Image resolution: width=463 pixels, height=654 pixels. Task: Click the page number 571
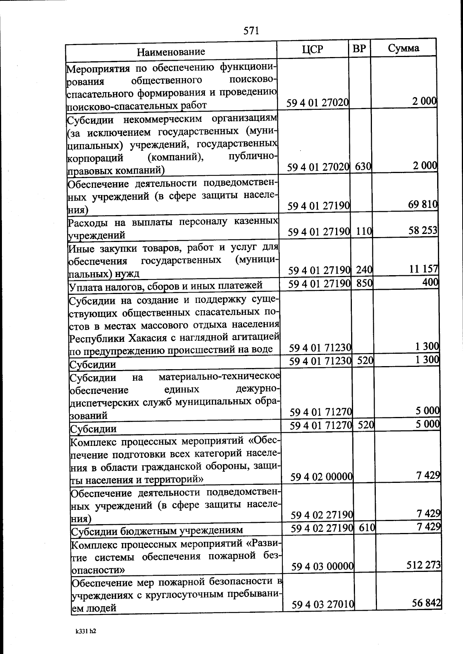(x=251, y=31)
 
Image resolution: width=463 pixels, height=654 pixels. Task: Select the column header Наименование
(x=171, y=52)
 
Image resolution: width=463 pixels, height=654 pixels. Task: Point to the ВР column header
(x=359, y=49)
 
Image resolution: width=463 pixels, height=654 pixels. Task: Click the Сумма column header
(x=404, y=48)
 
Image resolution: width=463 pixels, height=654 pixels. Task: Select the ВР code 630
(x=363, y=167)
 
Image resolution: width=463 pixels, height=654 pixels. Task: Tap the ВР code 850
(x=364, y=283)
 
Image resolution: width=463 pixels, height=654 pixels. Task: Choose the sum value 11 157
(x=424, y=269)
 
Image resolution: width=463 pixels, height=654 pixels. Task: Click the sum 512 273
(x=424, y=565)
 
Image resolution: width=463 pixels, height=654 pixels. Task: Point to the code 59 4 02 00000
(x=322, y=477)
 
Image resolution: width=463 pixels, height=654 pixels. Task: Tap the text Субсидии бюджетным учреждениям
(x=157, y=531)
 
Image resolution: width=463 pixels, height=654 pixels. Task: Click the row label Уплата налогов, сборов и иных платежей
(x=166, y=285)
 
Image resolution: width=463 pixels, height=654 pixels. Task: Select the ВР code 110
(x=363, y=231)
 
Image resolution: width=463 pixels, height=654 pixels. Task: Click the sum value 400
(x=430, y=282)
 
